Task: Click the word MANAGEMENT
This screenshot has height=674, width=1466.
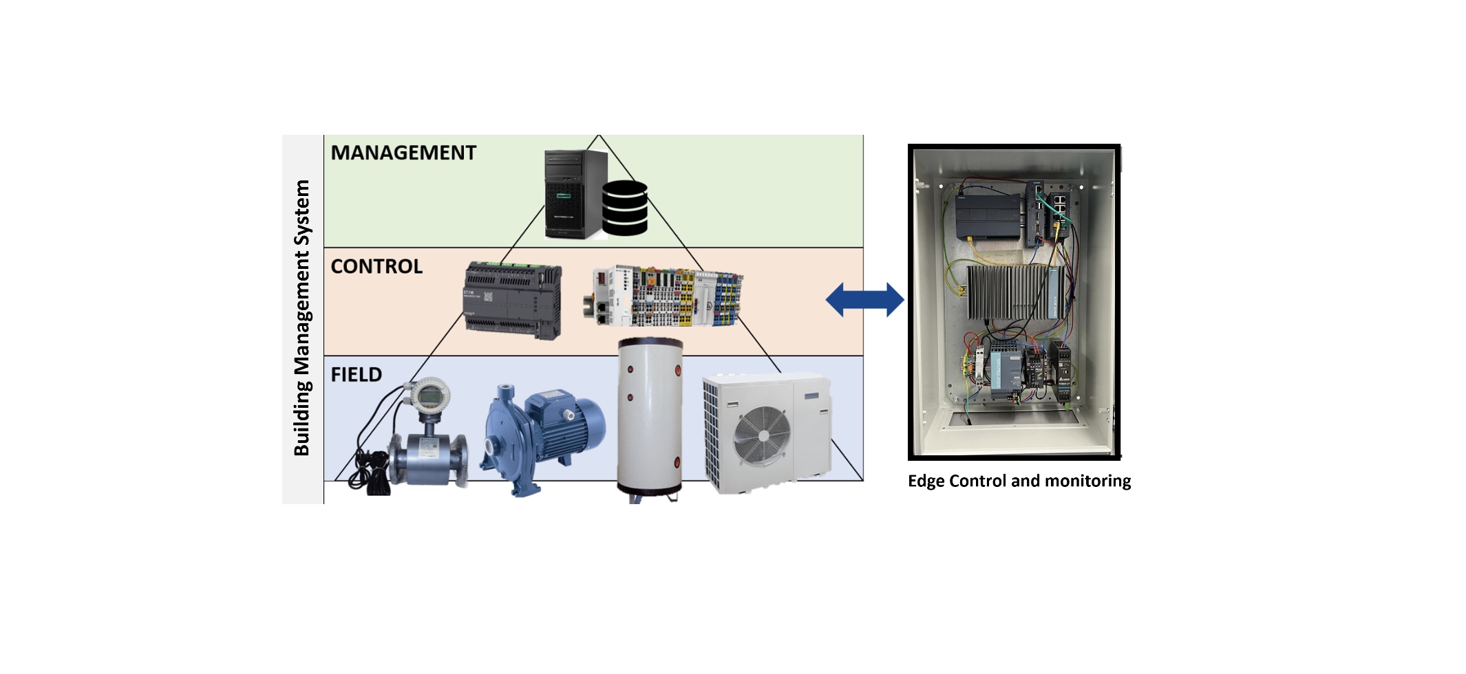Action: click(x=403, y=153)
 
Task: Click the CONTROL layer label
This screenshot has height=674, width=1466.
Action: click(x=376, y=267)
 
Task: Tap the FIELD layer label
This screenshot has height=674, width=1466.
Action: click(x=356, y=375)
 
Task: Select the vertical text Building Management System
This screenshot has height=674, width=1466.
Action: click(x=302, y=318)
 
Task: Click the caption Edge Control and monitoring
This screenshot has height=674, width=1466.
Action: click(x=1019, y=481)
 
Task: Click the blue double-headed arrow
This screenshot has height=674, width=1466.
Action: click(x=864, y=300)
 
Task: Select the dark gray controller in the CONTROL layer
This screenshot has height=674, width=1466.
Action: click(x=513, y=300)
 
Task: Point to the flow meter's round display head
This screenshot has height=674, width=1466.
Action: click(x=429, y=395)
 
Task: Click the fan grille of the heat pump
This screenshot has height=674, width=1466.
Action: click(x=763, y=435)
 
